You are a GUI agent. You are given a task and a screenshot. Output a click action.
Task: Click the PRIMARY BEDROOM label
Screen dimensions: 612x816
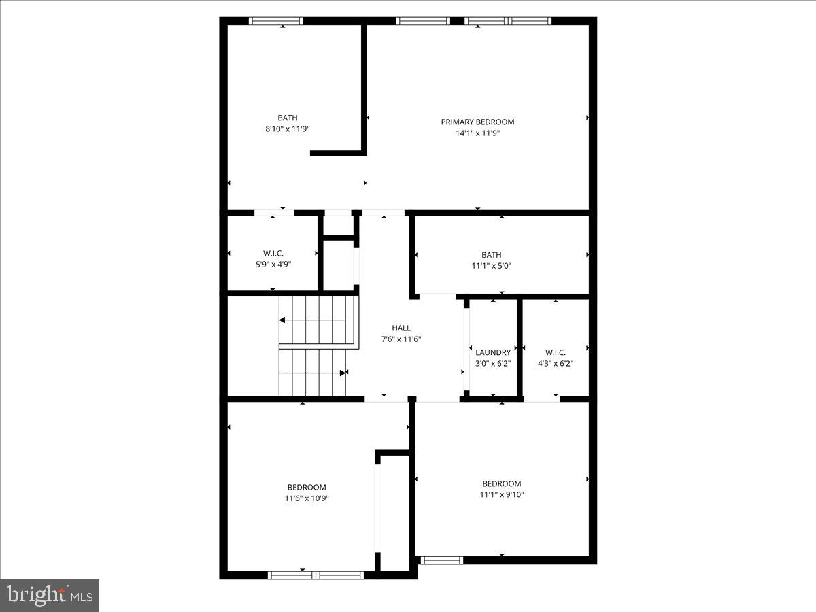(477, 122)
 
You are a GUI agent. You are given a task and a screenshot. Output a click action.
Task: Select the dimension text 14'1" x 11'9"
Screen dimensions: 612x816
(477, 133)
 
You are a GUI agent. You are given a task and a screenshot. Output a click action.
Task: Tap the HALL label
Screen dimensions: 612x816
(401, 328)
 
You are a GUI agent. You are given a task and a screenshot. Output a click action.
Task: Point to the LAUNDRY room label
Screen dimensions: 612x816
(493, 352)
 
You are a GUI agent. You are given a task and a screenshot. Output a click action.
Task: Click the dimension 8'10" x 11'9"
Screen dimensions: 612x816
(287, 129)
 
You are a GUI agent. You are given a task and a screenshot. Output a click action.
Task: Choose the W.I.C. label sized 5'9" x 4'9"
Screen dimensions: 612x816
(273, 253)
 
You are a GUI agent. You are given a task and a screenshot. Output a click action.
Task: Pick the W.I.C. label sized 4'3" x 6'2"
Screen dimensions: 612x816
(555, 352)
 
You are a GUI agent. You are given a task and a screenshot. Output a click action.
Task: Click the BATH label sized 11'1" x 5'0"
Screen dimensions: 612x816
(491, 255)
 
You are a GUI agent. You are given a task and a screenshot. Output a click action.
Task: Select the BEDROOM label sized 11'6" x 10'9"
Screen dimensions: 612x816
(307, 487)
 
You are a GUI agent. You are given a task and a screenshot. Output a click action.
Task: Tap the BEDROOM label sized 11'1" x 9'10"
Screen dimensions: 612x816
(502, 483)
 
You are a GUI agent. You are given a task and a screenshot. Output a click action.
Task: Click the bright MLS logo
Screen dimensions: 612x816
(50, 596)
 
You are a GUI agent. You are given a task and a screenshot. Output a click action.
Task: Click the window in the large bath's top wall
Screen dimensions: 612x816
(276, 21)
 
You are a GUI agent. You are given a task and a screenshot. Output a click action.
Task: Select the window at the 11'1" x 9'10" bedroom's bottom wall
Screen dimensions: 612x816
(441, 560)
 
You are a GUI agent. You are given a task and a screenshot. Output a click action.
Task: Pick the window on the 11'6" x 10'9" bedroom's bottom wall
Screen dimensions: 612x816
(316, 575)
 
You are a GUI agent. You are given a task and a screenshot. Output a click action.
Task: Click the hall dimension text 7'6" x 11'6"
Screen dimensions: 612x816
(401, 339)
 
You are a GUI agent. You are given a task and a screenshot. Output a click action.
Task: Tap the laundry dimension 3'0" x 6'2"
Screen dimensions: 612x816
(493, 363)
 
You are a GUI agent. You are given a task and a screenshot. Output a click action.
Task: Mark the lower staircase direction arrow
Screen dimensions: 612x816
(343, 372)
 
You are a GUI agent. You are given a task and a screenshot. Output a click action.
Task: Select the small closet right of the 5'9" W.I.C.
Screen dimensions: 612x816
(338, 265)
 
